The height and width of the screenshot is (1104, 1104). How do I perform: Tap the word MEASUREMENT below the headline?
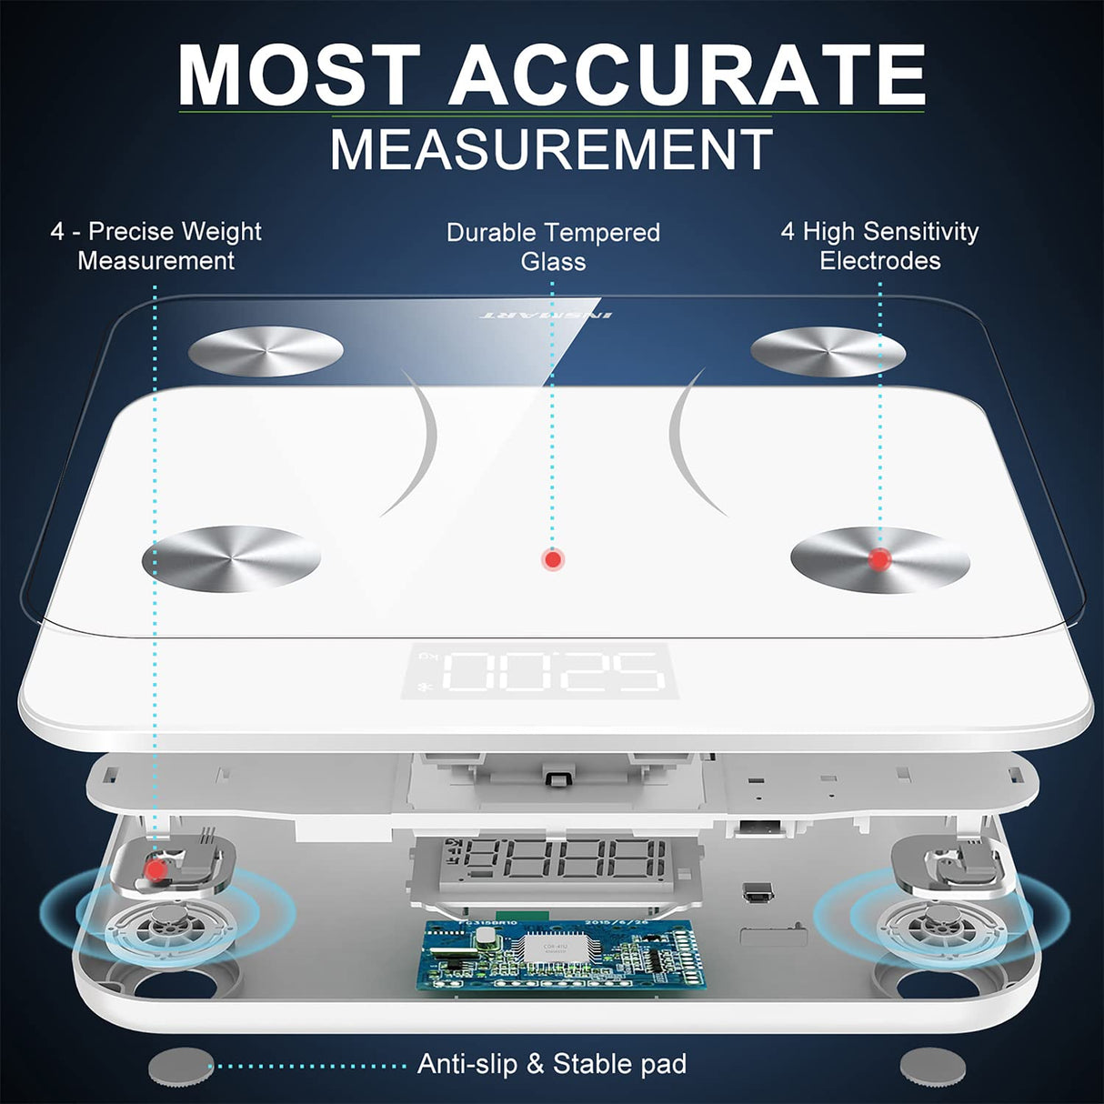tap(551, 150)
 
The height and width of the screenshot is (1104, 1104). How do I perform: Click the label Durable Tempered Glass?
tap(553, 246)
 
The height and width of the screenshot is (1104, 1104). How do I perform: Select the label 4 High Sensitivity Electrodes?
tap(879, 246)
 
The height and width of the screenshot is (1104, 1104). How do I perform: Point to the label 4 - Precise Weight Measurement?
tap(156, 246)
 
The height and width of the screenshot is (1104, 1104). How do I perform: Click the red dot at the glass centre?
tap(552, 559)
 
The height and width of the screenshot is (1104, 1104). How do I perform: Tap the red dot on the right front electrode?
tap(878, 558)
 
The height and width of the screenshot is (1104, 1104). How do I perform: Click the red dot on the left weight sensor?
tap(156, 869)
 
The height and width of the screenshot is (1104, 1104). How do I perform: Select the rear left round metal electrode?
tap(266, 350)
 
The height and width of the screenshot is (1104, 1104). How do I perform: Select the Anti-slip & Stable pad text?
tap(552, 1064)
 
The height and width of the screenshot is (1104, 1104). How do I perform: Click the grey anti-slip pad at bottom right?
tap(932, 1066)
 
